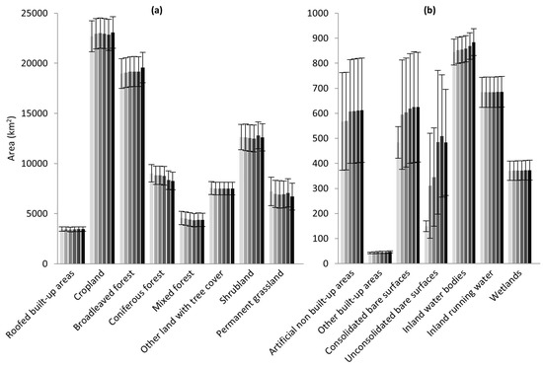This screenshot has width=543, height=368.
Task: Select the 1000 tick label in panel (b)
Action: (x=319, y=14)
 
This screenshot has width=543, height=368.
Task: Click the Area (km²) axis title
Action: (x=12, y=139)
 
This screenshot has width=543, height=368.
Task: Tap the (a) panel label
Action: (x=157, y=11)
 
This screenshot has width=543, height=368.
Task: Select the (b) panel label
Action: (x=430, y=11)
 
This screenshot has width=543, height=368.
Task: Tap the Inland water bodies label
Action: (x=435, y=301)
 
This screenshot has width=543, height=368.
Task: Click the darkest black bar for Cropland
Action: (x=113, y=148)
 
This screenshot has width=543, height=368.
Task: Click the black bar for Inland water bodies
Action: (x=474, y=153)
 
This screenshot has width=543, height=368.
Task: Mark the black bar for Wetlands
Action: (x=529, y=217)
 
